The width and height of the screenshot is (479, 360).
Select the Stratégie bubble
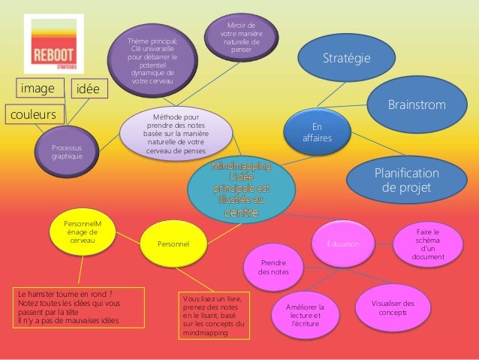click(346, 58)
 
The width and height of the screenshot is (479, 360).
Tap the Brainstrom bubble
click(416, 104)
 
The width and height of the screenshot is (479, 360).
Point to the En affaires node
click(317, 133)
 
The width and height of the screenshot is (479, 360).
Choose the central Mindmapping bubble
click(243, 188)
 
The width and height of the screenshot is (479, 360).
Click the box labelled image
click(38, 89)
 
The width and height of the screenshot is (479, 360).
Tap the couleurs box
click(33, 116)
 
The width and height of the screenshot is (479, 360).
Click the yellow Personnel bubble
click(173, 244)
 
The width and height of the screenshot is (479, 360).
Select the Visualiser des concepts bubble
click(398, 307)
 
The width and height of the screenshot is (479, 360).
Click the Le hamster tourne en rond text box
click(68, 308)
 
